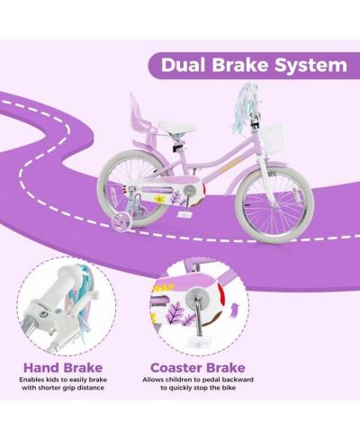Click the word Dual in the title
coord(184,65)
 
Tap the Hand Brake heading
coord(63,368)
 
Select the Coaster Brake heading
coord(198,368)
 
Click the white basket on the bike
coord(274,137)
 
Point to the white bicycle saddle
coord(177,127)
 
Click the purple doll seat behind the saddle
coord(141,120)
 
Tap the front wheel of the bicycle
coord(274,205)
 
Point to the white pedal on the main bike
coord(185,214)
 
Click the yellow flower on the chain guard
coord(158,199)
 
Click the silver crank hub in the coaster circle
coord(194,295)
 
